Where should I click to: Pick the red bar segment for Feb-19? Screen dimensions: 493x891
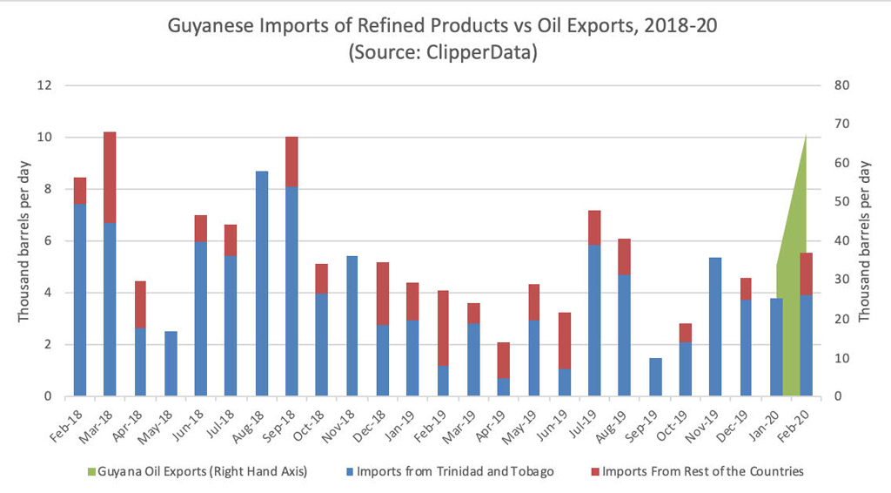443,328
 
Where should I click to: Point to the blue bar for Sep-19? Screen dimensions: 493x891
655,377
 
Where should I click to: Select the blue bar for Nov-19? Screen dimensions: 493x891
715,327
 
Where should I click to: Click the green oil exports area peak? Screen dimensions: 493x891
806,139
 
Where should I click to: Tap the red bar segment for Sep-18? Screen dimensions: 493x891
292,162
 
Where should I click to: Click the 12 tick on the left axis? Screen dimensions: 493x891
45,85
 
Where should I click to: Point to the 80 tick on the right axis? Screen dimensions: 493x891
840,85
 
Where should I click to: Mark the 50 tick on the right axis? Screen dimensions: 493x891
840,202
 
